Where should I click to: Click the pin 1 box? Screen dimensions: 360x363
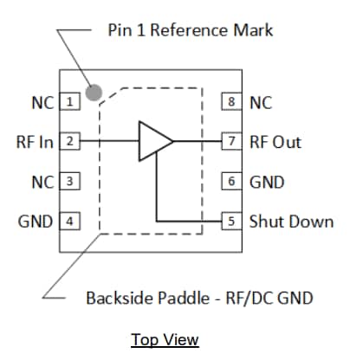point(69,102)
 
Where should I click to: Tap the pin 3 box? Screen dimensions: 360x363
point(69,182)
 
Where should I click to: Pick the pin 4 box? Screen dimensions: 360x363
point(69,221)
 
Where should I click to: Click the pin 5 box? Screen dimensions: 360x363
point(231,221)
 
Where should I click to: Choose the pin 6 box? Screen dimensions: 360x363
point(231,182)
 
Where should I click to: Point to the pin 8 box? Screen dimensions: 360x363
point(231,102)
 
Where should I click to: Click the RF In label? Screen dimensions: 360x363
point(35,141)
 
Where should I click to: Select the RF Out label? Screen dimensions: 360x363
point(276,141)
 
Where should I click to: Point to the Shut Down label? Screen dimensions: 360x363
point(291,221)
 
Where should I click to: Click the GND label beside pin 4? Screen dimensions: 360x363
point(36,221)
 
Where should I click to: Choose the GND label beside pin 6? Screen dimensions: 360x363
point(266,182)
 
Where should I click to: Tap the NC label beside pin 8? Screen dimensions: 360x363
point(261,102)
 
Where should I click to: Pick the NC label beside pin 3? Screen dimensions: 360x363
point(42,182)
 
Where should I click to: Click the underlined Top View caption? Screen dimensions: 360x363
point(165,339)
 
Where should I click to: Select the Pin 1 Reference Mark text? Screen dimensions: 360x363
point(191,30)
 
